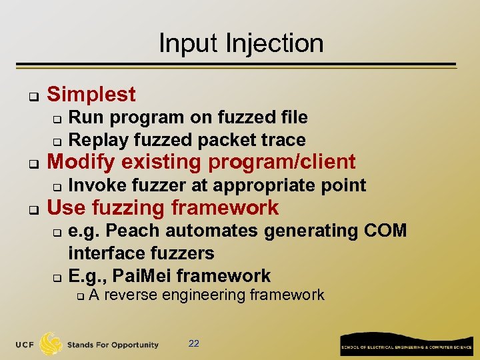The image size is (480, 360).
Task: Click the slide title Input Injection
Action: (x=241, y=43)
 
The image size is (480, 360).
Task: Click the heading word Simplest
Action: (x=91, y=95)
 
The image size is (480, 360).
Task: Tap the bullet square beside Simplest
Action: (x=31, y=96)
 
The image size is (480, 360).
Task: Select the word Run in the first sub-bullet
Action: (x=83, y=118)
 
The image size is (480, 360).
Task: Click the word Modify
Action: (x=79, y=162)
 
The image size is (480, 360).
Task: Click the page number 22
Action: (x=194, y=344)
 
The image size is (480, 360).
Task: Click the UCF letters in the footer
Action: (x=25, y=345)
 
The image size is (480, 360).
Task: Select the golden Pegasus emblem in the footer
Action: (x=51, y=343)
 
